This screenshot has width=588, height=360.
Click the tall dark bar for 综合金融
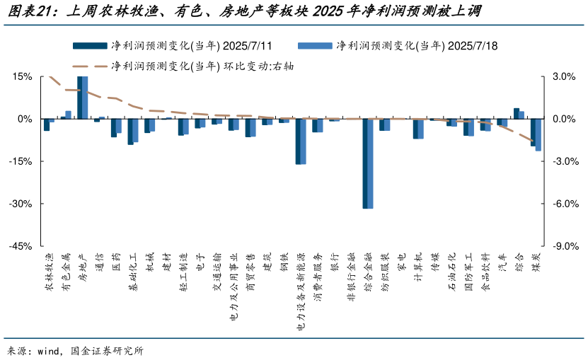365,163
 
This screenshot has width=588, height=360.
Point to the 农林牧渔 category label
49,272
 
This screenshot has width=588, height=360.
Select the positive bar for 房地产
82,98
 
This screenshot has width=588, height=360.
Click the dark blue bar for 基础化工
130,132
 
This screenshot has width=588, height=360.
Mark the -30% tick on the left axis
21,204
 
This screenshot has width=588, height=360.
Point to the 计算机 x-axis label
418,267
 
